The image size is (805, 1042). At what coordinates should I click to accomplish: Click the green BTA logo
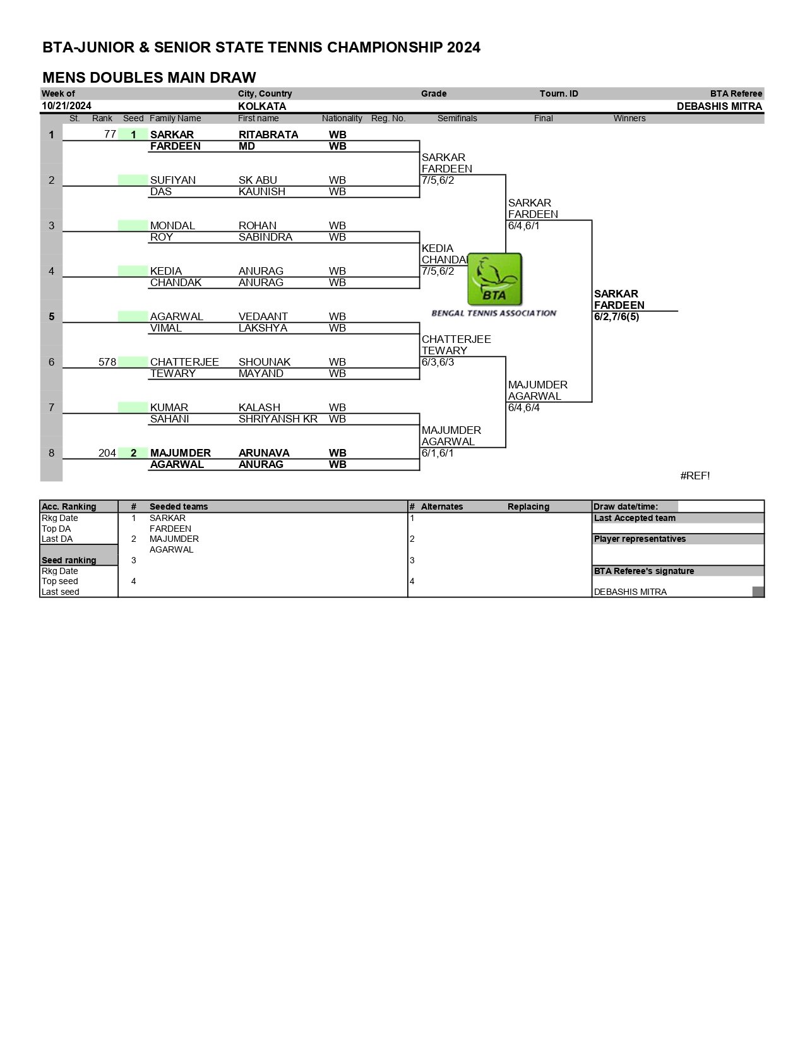(494, 279)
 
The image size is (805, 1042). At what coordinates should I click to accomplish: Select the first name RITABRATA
(268, 135)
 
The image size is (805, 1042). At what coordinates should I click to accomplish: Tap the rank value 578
(107, 362)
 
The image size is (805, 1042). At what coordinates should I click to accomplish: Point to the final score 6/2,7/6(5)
(616, 316)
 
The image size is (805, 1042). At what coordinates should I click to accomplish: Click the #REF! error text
(695, 476)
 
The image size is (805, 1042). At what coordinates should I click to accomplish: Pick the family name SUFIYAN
(172, 181)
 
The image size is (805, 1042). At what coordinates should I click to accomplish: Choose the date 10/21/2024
(66, 106)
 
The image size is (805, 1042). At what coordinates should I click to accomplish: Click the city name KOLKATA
(262, 106)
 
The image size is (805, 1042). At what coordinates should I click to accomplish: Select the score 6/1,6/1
(438, 453)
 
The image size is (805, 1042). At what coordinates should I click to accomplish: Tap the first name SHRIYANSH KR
(278, 419)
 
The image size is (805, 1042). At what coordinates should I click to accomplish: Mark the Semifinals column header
(457, 119)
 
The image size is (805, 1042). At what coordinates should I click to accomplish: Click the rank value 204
(107, 453)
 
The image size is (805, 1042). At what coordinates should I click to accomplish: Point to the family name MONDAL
(172, 226)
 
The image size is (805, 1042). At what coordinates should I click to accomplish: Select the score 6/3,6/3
(438, 362)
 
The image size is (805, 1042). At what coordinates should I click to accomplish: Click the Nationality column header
(342, 119)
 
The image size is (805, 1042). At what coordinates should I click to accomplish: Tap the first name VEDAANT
(263, 316)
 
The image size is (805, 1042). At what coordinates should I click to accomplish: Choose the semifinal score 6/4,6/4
(524, 407)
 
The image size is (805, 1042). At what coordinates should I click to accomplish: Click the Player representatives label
(640, 539)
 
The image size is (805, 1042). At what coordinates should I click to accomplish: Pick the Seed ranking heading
(69, 560)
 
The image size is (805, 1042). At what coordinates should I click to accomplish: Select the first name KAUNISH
(262, 192)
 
